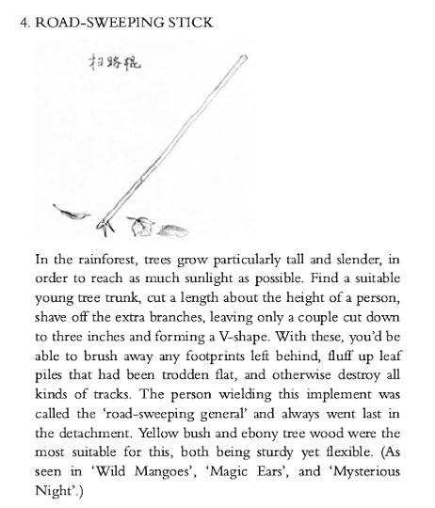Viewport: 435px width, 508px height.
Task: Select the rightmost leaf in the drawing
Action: click(175, 228)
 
